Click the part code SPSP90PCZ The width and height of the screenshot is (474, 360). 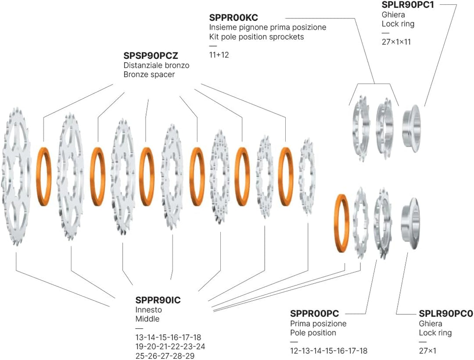[151, 56]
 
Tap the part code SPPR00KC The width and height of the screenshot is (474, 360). [233, 18]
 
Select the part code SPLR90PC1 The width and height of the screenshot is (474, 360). [407, 5]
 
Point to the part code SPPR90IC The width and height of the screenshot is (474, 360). [158, 300]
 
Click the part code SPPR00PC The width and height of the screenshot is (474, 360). [314, 314]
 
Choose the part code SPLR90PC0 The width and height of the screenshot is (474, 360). [446, 314]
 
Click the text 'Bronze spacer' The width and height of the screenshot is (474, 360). [149, 74]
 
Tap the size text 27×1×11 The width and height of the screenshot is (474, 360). [396, 42]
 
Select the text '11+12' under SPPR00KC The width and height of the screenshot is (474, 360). [219, 55]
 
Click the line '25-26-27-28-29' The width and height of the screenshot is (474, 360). [165, 356]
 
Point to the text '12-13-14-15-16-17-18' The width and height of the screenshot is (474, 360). [329, 351]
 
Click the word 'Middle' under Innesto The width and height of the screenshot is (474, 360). [147, 319]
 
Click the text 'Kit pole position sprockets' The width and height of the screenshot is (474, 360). [256, 37]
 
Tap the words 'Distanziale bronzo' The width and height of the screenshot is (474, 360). [156, 65]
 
